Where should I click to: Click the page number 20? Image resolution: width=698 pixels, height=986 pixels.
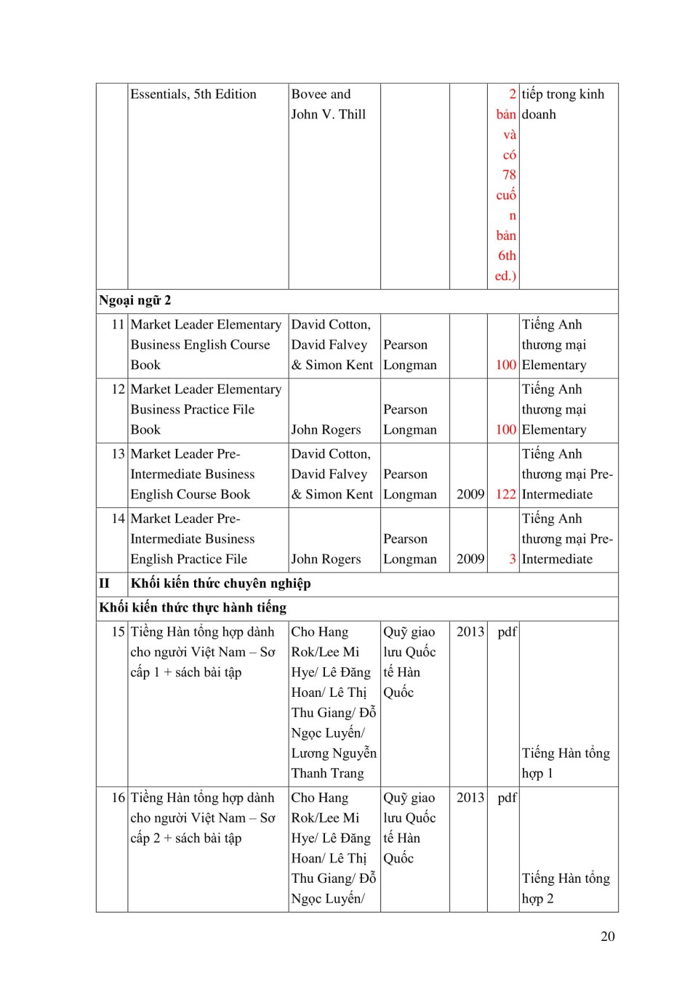(607, 937)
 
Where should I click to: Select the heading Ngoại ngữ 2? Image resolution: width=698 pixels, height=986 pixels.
(135, 301)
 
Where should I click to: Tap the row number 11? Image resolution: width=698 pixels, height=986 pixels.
(118, 325)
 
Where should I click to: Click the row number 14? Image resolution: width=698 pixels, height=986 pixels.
(118, 519)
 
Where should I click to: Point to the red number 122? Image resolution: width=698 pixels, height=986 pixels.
(505, 495)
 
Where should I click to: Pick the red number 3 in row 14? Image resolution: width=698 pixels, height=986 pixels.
(512, 559)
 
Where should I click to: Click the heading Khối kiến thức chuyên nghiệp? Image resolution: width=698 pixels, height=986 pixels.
(220, 583)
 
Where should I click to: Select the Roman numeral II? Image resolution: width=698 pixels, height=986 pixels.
(105, 583)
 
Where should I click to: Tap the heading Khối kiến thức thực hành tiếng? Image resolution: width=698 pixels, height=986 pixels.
(193, 608)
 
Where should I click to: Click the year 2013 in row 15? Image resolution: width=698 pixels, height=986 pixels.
(470, 632)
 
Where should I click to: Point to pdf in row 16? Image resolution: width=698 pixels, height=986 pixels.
(507, 798)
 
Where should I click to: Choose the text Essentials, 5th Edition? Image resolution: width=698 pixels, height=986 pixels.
(193, 94)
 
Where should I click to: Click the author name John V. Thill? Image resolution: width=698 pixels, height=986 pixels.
(328, 115)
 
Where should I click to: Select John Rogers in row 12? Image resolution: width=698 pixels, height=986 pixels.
(326, 430)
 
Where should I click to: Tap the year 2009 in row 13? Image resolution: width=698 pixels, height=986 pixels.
(470, 495)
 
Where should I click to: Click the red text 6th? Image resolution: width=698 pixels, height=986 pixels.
(507, 256)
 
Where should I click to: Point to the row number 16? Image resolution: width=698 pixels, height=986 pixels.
(118, 798)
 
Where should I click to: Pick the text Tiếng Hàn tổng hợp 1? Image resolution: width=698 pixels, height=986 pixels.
(566, 764)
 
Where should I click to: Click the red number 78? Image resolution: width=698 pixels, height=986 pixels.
(509, 175)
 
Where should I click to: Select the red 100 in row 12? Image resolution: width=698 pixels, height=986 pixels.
(505, 430)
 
